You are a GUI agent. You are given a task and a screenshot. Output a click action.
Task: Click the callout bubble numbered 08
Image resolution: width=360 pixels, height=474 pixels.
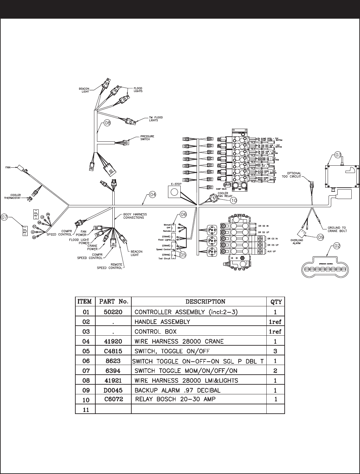pyautogui.click(x=107, y=123)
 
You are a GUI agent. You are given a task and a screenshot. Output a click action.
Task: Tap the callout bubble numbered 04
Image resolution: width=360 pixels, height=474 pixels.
pyautogui.click(x=152, y=195)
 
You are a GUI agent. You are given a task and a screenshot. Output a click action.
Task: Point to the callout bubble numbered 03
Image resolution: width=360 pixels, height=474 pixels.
pyautogui.click(x=338, y=155)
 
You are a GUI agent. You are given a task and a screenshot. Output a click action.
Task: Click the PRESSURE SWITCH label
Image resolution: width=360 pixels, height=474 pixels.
pyautogui.click(x=147, y=138)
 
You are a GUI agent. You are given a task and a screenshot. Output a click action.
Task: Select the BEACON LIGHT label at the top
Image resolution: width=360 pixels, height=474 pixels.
pyautogui.click(x=84, y=90)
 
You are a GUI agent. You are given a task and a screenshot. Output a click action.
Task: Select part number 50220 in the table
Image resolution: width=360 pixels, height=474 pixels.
pyautogui.click(x=113, y=312)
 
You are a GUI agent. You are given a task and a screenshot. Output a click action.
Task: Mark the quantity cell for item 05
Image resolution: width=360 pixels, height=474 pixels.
pyautogui.click(x=275, y=351)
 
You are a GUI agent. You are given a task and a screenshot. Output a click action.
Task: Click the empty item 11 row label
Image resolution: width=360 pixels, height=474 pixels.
pyautogui.click(x=85, y=410)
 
